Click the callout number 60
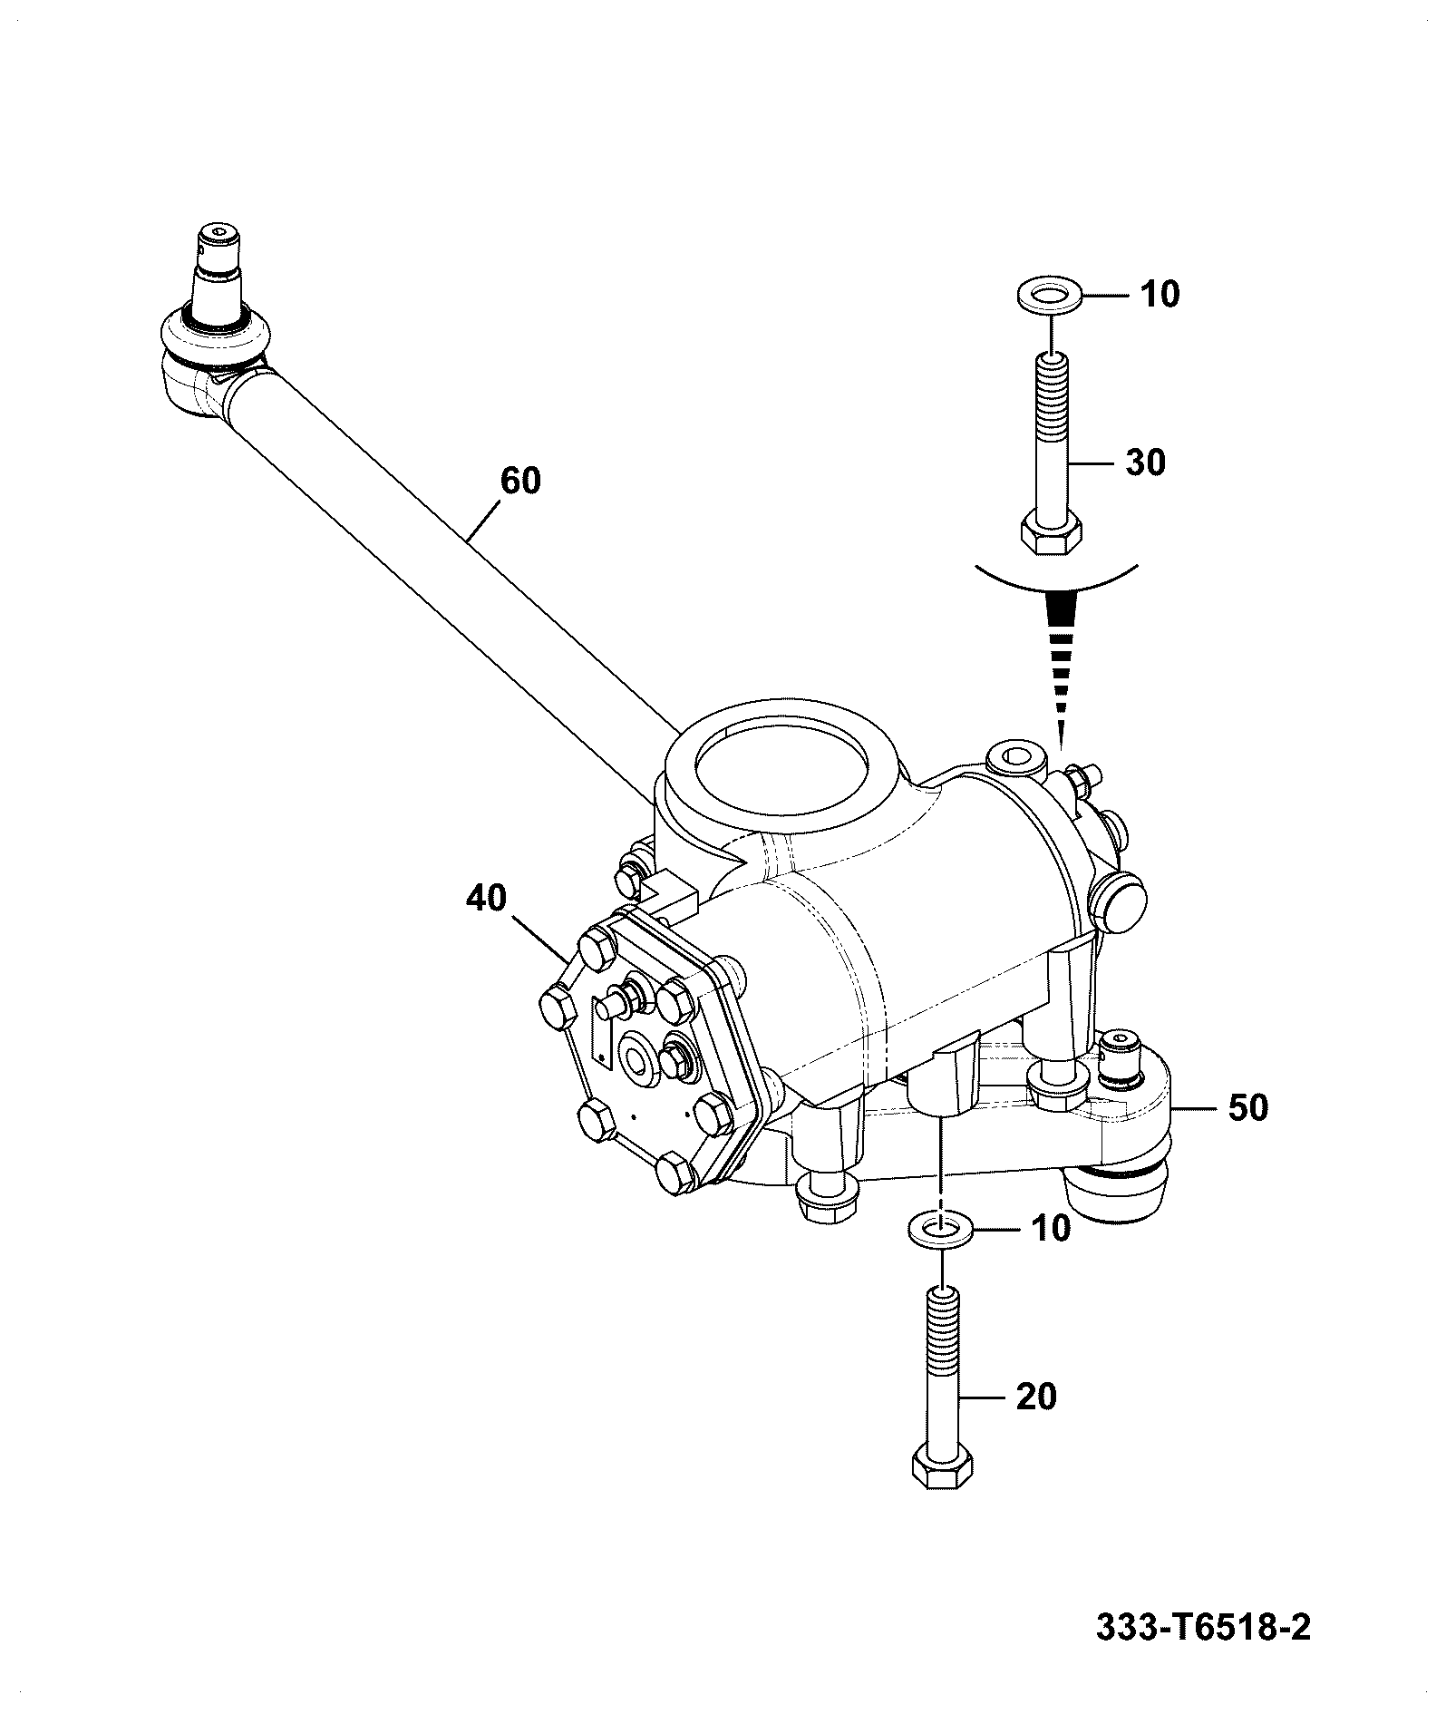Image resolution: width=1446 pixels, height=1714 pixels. (x=520, y=481)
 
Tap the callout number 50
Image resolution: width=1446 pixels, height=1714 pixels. (x=1247, y=1107)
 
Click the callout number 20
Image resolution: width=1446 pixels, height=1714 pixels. (x=1035, y=1422)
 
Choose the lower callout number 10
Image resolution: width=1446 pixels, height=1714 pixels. (x=1050, y=1230)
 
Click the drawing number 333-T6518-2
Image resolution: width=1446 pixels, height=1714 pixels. (x=1203, y=1628)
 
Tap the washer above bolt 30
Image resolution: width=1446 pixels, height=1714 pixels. (x=1047, y=297)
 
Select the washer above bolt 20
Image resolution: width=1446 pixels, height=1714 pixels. (x=940, y=1229)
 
